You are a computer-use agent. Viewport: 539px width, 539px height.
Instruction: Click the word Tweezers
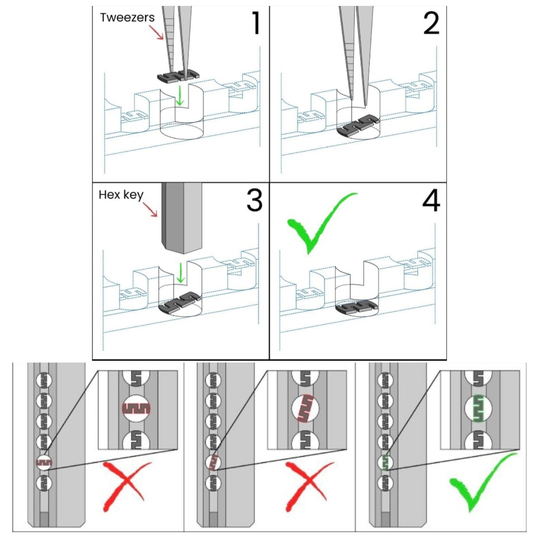[127, 18]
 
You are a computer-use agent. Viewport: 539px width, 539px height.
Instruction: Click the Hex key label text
[121, 195]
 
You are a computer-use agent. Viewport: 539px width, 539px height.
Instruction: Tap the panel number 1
[256, 23]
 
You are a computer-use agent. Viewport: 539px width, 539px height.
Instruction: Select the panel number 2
[431, 23]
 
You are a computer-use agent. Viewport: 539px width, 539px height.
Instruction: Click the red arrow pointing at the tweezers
[159, 32]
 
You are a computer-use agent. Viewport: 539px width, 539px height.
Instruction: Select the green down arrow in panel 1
[181, 96]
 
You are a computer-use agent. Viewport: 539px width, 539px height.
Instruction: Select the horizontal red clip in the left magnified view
[137, 408]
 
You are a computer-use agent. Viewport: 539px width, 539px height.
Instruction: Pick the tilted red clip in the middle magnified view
[305, 408]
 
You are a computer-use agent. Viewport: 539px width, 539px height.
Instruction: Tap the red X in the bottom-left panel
[125, 485]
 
